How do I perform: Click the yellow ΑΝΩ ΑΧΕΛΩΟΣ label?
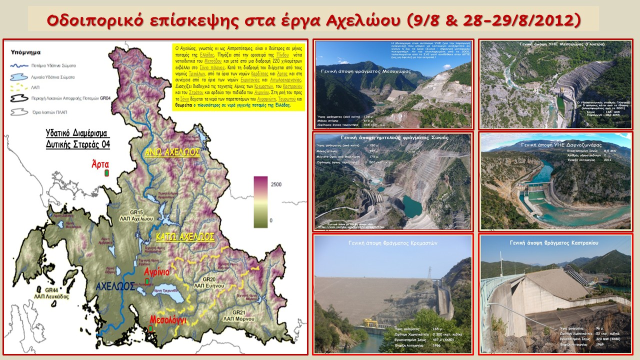coord(172,152)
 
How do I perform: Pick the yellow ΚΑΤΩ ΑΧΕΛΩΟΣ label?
coord(184,236)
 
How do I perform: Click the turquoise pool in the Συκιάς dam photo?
coord(412,206)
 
